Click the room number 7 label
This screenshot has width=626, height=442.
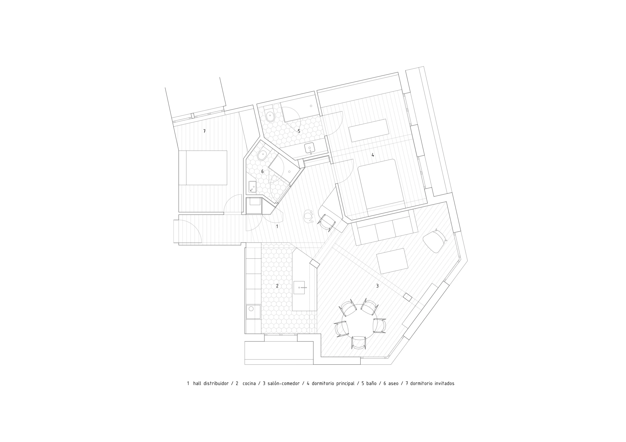204,131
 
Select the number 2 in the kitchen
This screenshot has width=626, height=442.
277,286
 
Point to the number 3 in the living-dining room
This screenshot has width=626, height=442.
377,286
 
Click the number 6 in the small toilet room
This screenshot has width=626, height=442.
262,172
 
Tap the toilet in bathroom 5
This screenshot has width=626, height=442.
270,117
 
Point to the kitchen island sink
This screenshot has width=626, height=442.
299,288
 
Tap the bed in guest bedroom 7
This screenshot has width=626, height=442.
203,168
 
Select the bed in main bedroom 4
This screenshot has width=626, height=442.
381,184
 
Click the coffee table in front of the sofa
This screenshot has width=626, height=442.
392,261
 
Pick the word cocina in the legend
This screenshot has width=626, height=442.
249,384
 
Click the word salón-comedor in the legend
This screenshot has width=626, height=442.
284,384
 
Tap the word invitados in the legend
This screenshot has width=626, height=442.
444,384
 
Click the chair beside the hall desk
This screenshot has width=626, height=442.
326,222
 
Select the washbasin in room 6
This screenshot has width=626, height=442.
252,187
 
